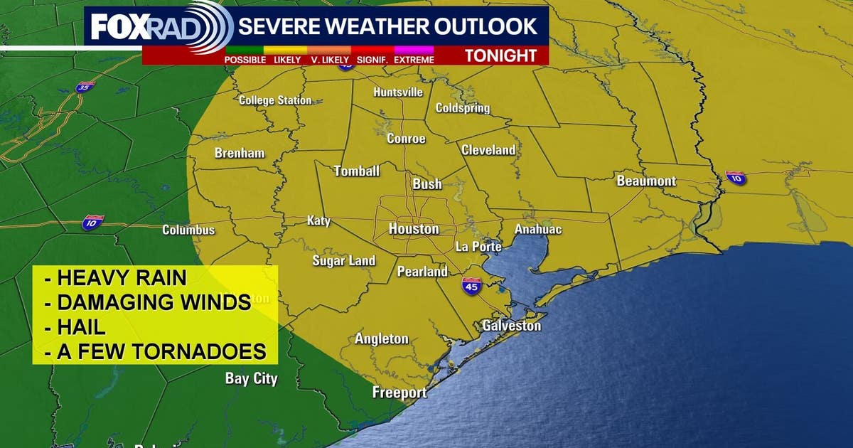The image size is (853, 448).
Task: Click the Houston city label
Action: point(414,229)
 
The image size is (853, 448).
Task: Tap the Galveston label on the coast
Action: point(511,326)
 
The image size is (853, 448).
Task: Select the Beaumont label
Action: point(646,181)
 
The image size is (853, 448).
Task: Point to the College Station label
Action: point(275,100)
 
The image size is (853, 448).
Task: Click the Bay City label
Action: point(251,378)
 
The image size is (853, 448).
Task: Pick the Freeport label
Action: point(399,393)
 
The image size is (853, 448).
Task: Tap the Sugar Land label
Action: point(343,261)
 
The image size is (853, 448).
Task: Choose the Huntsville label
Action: point(398,92)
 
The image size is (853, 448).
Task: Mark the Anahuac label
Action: point(538,229)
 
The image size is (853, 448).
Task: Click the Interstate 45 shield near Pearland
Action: point(471,286)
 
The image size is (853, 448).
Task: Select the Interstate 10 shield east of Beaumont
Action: point(736,178)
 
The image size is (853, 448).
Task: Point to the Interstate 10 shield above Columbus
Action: point(92,221)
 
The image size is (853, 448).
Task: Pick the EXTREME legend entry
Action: point(414,60)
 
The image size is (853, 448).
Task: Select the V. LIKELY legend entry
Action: point(328,60)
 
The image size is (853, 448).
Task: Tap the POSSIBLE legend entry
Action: point(245,60)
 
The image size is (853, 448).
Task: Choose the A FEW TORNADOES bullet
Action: point(155,351)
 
